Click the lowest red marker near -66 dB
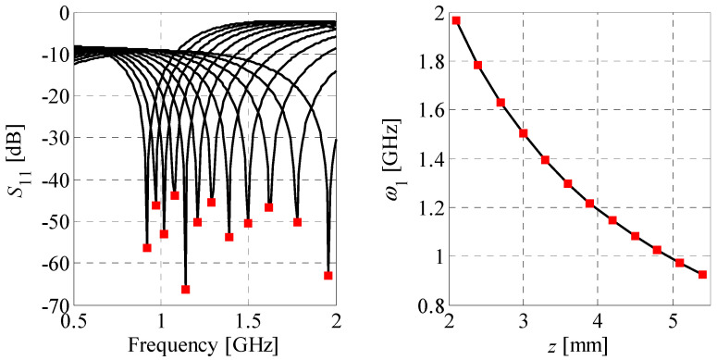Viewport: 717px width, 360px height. point(185,290)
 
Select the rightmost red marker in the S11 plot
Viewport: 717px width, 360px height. point(328,276)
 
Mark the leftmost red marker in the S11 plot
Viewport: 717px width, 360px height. point(147,248)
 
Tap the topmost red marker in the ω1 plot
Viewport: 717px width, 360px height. point(456,20)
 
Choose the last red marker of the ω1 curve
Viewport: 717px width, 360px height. point(702,275)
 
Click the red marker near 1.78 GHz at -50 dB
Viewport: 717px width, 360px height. point(297,222)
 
